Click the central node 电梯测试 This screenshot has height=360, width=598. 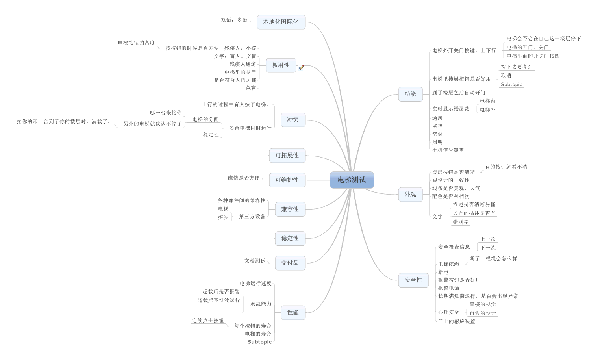pos(352,180)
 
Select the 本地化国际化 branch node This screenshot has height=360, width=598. pos(281,22)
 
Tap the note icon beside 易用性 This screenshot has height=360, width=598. pos(301,68)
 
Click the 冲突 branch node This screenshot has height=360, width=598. pos(293,120)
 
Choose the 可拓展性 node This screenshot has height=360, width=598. pos(287,156)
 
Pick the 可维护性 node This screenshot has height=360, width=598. pos(287,180)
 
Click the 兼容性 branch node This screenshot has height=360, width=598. pos(290,209)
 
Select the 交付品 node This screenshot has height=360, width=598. pos(290,263)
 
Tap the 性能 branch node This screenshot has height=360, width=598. pos(293,312)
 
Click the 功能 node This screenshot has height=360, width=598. pos(410,94)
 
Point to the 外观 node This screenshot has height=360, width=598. pos(410,195)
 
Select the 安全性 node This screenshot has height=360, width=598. pos(413,280)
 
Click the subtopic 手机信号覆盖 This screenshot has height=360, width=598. pos(448,150)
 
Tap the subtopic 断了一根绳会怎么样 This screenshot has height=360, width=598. pos(493,259)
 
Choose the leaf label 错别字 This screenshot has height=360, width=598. pos(461,222)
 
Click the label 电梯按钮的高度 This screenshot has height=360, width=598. pos(136,43)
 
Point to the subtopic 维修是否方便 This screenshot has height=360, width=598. pos(244,178)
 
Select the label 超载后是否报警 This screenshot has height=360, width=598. pos(221,292)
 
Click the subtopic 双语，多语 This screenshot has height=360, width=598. pos(234,20)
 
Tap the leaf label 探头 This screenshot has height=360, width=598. pos(223,217)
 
